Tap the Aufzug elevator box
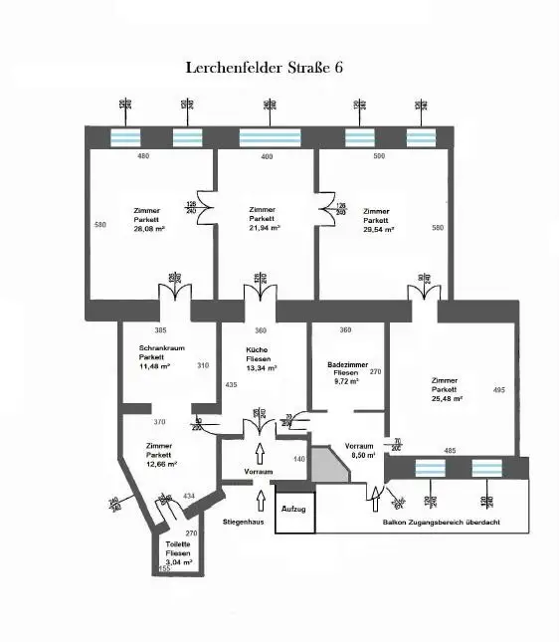[294, 510]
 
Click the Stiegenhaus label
[244, 522]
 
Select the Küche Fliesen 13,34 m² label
[261, 359]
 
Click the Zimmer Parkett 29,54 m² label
[377, 220]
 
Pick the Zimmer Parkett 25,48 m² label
[446, 390]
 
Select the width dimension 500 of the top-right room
[378, 156]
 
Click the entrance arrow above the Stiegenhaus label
[262, 498]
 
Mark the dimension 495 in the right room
[499, 390]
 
